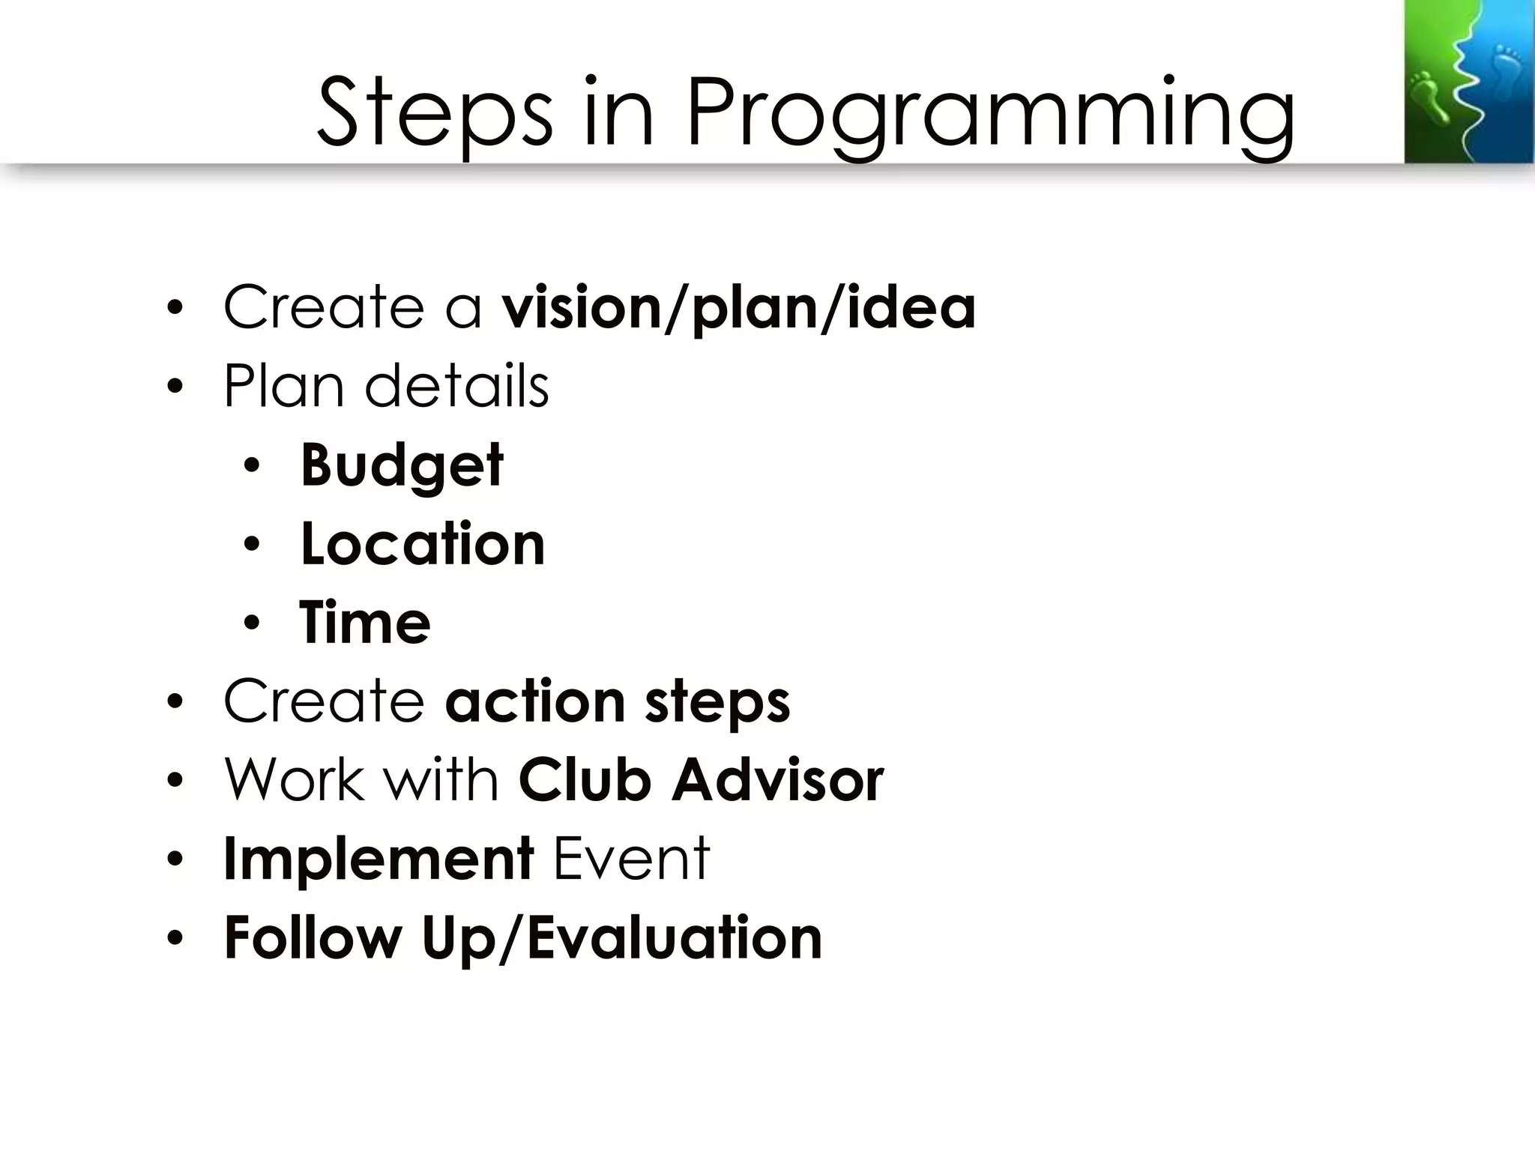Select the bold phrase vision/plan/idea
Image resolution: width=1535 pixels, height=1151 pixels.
[x=738, y=308]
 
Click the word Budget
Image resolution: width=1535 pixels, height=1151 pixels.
[x=402, y=465]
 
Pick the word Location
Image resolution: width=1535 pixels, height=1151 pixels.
[x=423, y=544]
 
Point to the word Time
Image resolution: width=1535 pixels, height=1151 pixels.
[x=365, y=623]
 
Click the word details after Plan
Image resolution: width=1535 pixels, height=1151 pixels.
[x=456, y=387]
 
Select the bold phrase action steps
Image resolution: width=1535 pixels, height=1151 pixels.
[x=618, y=702]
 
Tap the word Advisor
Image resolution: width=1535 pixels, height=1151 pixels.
[x=778, y=781]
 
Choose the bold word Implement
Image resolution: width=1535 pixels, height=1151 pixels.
[x=379, y=860]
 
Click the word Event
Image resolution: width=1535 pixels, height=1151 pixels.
[x=631, y=860]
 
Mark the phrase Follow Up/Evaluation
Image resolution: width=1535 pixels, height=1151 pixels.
[x=523, y=938]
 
